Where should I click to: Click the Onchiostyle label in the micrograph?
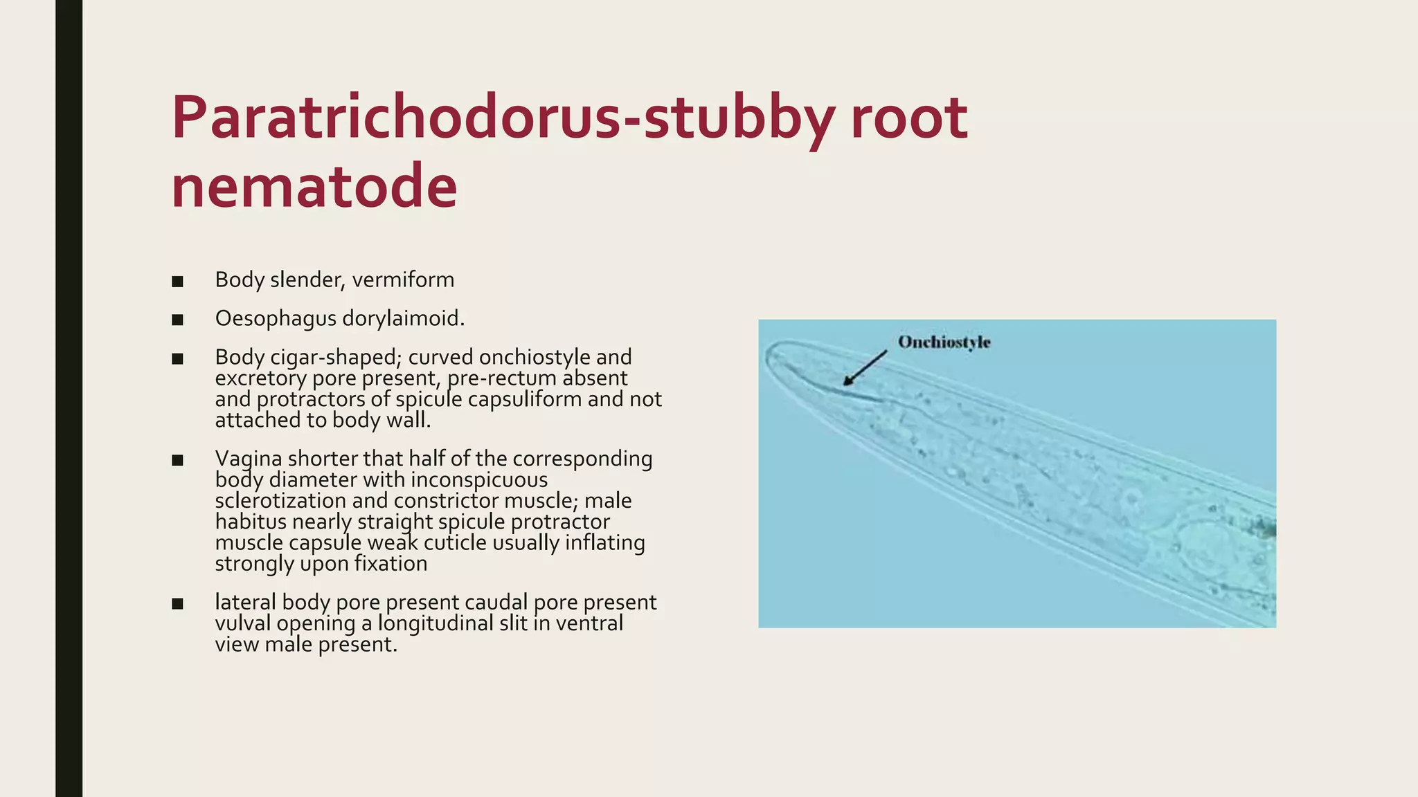[944, 342]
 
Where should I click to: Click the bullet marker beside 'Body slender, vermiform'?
[178, 282]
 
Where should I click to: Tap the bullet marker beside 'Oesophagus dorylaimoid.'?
[178, 320]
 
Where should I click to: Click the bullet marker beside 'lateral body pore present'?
[178, 604]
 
